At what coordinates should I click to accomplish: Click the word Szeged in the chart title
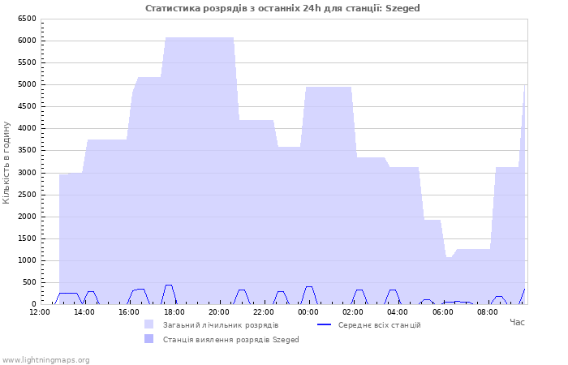pos(402,8)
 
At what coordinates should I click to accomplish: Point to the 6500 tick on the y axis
pos(27,19)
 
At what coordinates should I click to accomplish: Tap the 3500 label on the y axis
pos(27,150)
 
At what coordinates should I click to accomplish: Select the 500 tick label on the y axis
pos(30,282)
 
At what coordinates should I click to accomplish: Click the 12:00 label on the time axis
pos(40,312)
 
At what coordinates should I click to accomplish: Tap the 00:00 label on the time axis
pos(308,312)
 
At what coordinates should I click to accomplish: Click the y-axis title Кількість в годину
pos(6,162)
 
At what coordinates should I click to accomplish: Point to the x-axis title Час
pos(518,322)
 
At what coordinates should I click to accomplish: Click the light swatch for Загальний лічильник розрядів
pos(148,324)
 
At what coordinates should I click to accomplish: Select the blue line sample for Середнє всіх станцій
pos(325,324)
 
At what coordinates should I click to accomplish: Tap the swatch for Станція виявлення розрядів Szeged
pos(148,338)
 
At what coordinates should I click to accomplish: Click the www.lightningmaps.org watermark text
pos(45,360)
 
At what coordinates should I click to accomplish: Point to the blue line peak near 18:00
pos(169,286)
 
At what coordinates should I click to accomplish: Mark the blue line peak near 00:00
pos(308,287)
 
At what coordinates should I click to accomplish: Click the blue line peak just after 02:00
pos(359,290)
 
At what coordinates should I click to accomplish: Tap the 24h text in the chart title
pos(312,8)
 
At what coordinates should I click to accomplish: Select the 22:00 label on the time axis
pos(264,312)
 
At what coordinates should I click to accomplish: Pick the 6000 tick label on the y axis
pos(27,41)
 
